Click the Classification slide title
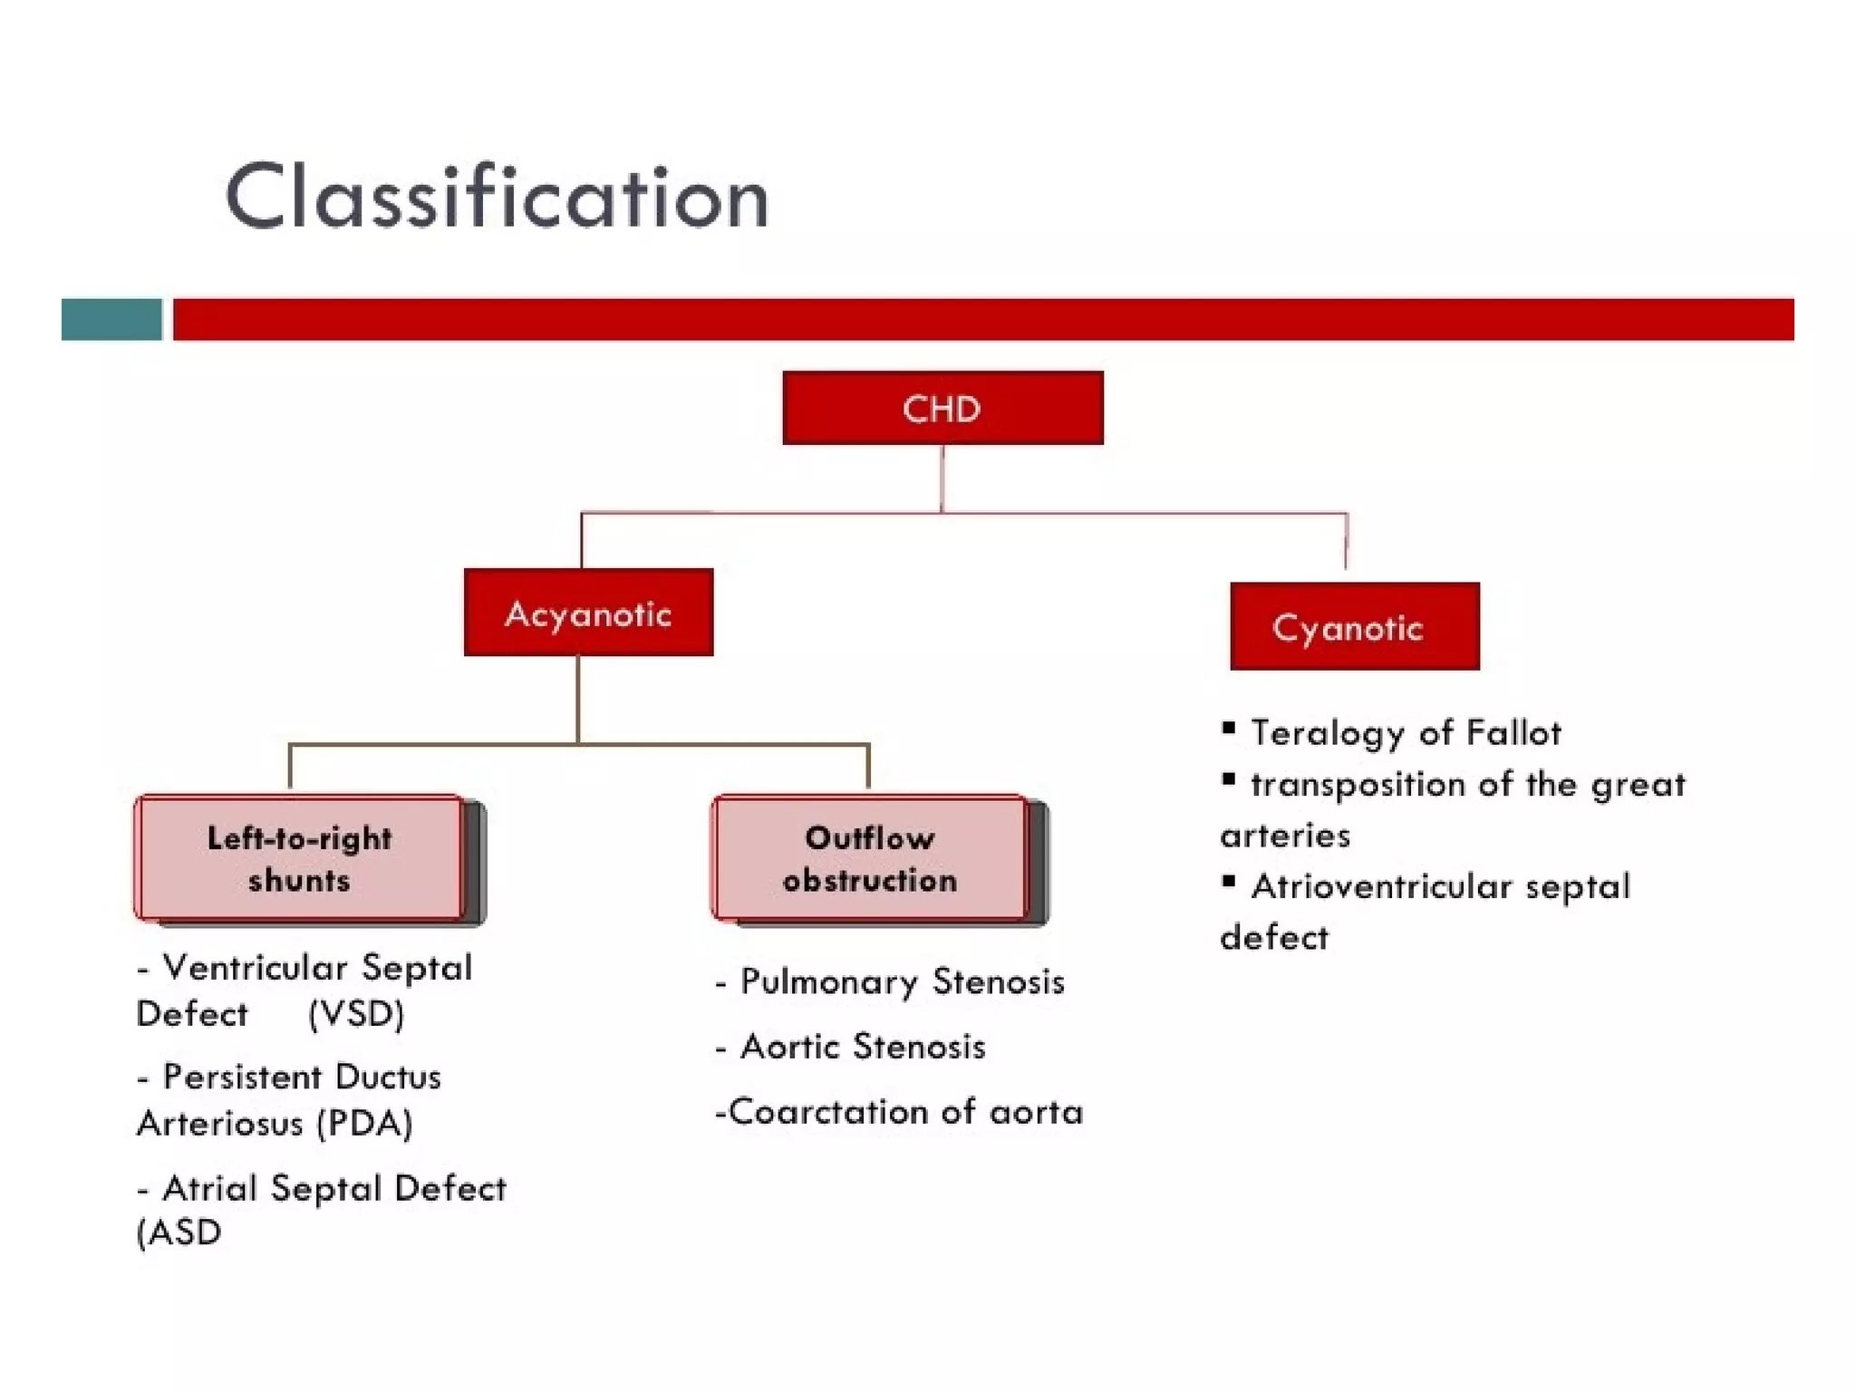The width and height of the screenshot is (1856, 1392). click(497, 197)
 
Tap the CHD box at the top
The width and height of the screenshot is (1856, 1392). click(942, 409)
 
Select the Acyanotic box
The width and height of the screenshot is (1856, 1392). click(588, 614)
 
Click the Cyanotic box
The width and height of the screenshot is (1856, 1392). click(1354, 627)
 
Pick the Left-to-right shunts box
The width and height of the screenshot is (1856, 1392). click(299, 858)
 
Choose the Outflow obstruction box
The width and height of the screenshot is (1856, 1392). click(870, 858)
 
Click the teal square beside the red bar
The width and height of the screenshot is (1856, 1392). click(111, 320)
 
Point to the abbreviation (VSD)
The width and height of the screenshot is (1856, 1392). click(355, 1014)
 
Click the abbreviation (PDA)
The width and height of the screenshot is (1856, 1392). click(364, 1124)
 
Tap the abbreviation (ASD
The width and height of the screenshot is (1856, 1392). click(179, 1232)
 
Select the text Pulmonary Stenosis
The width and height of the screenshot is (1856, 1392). click(902, 982)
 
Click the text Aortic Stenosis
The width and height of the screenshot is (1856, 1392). click(862, 1048)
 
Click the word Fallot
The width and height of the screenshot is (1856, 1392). click(1513, 732)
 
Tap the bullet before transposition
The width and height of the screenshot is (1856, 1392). click(1229, 779)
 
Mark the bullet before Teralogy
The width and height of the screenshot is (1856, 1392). click(1229, 728)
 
